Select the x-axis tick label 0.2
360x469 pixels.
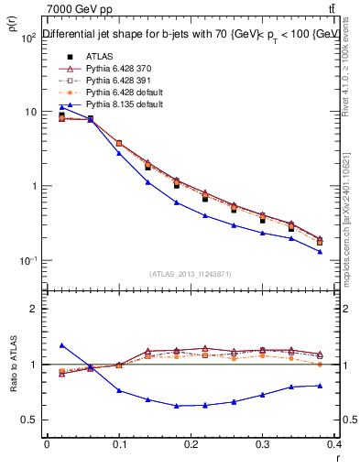[191, 442]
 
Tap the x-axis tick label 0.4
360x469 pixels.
[336, 442]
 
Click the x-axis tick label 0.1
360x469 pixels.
[119, 442]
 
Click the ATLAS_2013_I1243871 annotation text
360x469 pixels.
[191, 274]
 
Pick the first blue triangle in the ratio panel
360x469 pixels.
[61, 345]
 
